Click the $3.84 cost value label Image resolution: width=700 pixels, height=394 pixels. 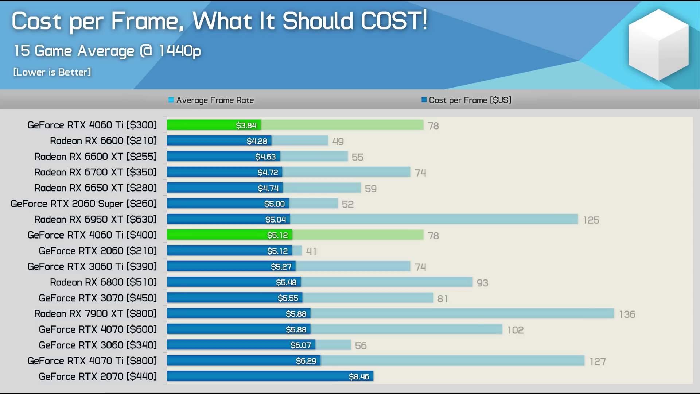[x=246, y=125]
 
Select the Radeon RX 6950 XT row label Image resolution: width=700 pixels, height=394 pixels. [x=95, y=219]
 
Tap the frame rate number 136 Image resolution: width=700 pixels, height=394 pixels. [x=627, y=314]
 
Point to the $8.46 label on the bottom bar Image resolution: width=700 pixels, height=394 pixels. [x=359, y=376]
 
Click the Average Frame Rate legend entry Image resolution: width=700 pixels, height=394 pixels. [x=211, y=100]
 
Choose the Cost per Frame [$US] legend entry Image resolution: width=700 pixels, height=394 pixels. [x=467, y=100]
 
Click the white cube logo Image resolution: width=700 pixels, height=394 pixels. [x=658, y=45]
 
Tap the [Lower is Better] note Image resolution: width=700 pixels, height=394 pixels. [x=52, y=72]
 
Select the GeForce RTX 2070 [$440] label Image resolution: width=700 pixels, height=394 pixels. [x=98, y=376]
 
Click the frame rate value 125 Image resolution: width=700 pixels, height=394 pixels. [x=591, y=220]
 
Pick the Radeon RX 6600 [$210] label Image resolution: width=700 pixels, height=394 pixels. [x=103, y=141]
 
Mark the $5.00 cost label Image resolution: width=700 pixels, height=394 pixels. [x=275, y=204]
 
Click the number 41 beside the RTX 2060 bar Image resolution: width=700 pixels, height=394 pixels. [x=311, y=251]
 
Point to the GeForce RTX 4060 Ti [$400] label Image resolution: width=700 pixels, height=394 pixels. [x=92, y=235]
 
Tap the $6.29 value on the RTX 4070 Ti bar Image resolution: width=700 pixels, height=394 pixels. [x=306, y=361]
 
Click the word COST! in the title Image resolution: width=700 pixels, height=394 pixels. [x=394, y=21]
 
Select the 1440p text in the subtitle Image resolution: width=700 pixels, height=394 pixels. [x=179, y=51]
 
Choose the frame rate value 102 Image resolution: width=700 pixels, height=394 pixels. [x=516, y=330]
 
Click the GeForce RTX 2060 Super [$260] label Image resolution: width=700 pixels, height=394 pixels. [x=83, y=204]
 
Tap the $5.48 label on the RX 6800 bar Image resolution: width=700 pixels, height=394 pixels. [x=286, y=282]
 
